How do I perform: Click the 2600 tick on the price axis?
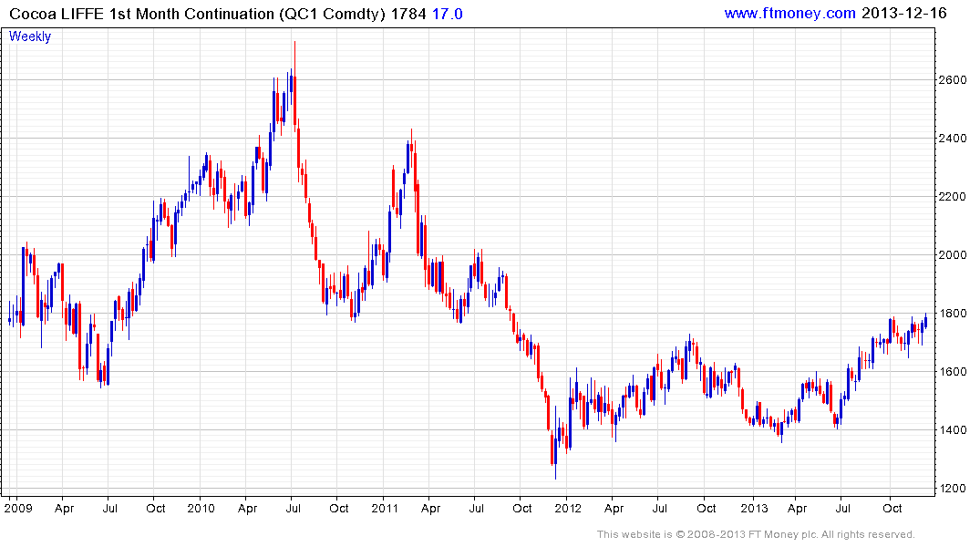[953, 80]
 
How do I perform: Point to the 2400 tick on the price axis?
[953, 139]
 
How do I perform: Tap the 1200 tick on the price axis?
[953, 489]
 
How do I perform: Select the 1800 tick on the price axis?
[953, 314]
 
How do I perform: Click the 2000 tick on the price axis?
[953, 255]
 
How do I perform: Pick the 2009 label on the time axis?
[17, 508]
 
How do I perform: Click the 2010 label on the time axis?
[200, 508]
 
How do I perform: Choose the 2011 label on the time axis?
[383, 508]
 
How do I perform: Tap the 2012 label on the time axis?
[567, 508]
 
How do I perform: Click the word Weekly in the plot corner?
[30, 36]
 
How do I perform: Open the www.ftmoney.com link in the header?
[789, 13]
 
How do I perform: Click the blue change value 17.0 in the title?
[447, 14]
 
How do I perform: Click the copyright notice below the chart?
[756, 534]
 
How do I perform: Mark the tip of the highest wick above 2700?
[294, 42]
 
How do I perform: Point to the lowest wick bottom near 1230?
[554, 479]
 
